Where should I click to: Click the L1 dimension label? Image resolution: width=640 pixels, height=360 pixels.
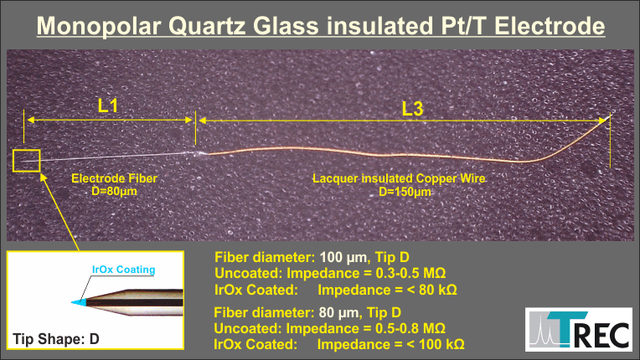coord(108,105)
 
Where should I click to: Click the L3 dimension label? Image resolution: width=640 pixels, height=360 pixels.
coord(413,109)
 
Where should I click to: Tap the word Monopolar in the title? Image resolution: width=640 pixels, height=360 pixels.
coord(98,26)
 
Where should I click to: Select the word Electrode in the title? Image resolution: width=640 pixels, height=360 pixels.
coord(550,26)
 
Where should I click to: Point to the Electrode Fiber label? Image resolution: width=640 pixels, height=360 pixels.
coord(114,178)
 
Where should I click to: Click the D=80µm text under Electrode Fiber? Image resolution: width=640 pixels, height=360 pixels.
coord(114,191)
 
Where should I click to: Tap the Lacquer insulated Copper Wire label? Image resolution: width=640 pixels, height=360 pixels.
coord(399,178)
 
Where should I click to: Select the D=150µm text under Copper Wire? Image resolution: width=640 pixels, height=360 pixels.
coord(405,191)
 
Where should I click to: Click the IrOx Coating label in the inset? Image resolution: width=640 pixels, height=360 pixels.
coord(123,270)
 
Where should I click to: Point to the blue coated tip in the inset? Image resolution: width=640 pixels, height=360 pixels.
coord(80,302)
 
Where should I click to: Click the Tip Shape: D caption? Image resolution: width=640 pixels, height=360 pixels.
coord(56,339)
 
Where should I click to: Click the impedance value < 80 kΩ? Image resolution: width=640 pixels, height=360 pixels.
coord(426,290)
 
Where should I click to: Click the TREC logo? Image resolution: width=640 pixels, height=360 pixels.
coord(579,329)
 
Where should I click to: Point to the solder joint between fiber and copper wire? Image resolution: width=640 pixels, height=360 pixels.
coord(199,154)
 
